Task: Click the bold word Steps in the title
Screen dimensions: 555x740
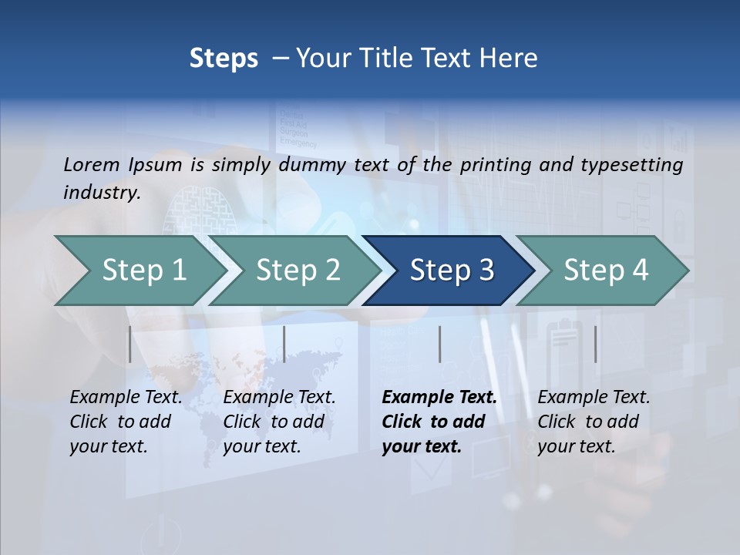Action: pos(224,59)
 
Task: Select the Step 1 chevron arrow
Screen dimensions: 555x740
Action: pos(139,271)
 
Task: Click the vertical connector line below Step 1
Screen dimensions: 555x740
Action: pos(129,344)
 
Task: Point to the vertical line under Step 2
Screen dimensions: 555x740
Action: pos(284,344)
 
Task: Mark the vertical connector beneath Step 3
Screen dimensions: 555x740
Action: pos(439,344)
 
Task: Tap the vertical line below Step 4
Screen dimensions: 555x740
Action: pos(595,344)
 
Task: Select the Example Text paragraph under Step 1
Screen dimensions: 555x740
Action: pos(126,422)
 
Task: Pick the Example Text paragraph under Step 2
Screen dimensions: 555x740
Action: pos(279,422)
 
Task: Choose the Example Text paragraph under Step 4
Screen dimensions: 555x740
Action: pos(594,422)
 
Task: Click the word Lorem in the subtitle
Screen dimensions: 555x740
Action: pos(92,164)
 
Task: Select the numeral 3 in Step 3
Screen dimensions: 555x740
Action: pos(486,271)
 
